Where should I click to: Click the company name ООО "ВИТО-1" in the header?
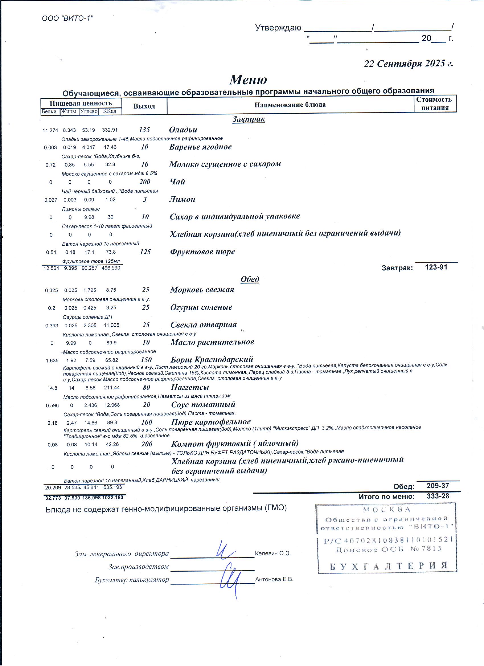(67, 18)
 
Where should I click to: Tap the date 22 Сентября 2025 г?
(409, 64)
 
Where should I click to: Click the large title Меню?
(248, 79)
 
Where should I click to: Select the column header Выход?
(144, 106)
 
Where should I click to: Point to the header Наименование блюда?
(290, 105)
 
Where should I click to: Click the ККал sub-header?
(110, 111)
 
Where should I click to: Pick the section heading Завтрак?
(249, 119)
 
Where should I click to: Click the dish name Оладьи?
(183, 130)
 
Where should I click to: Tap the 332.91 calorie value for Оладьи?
(110, 130)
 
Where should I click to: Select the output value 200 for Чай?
(145, 182)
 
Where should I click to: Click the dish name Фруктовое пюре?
(202, 252)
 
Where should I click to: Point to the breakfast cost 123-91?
(436, 267)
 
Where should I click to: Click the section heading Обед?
(250, 279)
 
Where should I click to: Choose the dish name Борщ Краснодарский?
(212, 359)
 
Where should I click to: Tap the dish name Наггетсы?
(190, 387)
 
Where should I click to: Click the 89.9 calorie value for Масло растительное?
(111, 343)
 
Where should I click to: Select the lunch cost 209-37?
(438, 486)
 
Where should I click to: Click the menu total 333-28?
(438, 496)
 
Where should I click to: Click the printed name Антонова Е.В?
(274, 579)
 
